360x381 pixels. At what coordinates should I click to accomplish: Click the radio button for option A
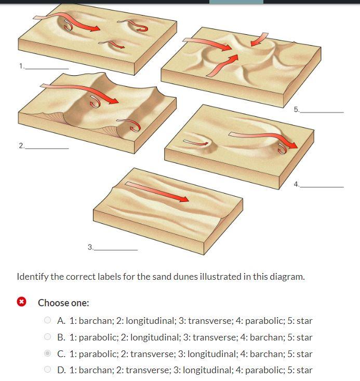pos(48,321)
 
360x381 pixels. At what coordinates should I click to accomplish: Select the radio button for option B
pos(48,337)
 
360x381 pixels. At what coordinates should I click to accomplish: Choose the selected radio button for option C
pos(48,354)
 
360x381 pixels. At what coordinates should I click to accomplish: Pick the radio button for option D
pos(48,370)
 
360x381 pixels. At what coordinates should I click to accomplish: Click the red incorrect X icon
pos(21,303)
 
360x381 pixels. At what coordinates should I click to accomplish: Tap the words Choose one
pos(63,303)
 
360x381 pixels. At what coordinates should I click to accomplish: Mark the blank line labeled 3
pos(116,250)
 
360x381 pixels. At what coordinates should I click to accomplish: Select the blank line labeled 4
pos(322,186)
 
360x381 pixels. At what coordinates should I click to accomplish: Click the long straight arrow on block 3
pos(156,192)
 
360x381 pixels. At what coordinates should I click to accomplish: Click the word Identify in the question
pos(32,276)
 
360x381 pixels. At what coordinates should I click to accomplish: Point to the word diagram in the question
pos(287,276)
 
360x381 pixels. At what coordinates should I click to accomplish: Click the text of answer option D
pos(185,370)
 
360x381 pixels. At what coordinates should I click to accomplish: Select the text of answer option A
pos(185,321)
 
